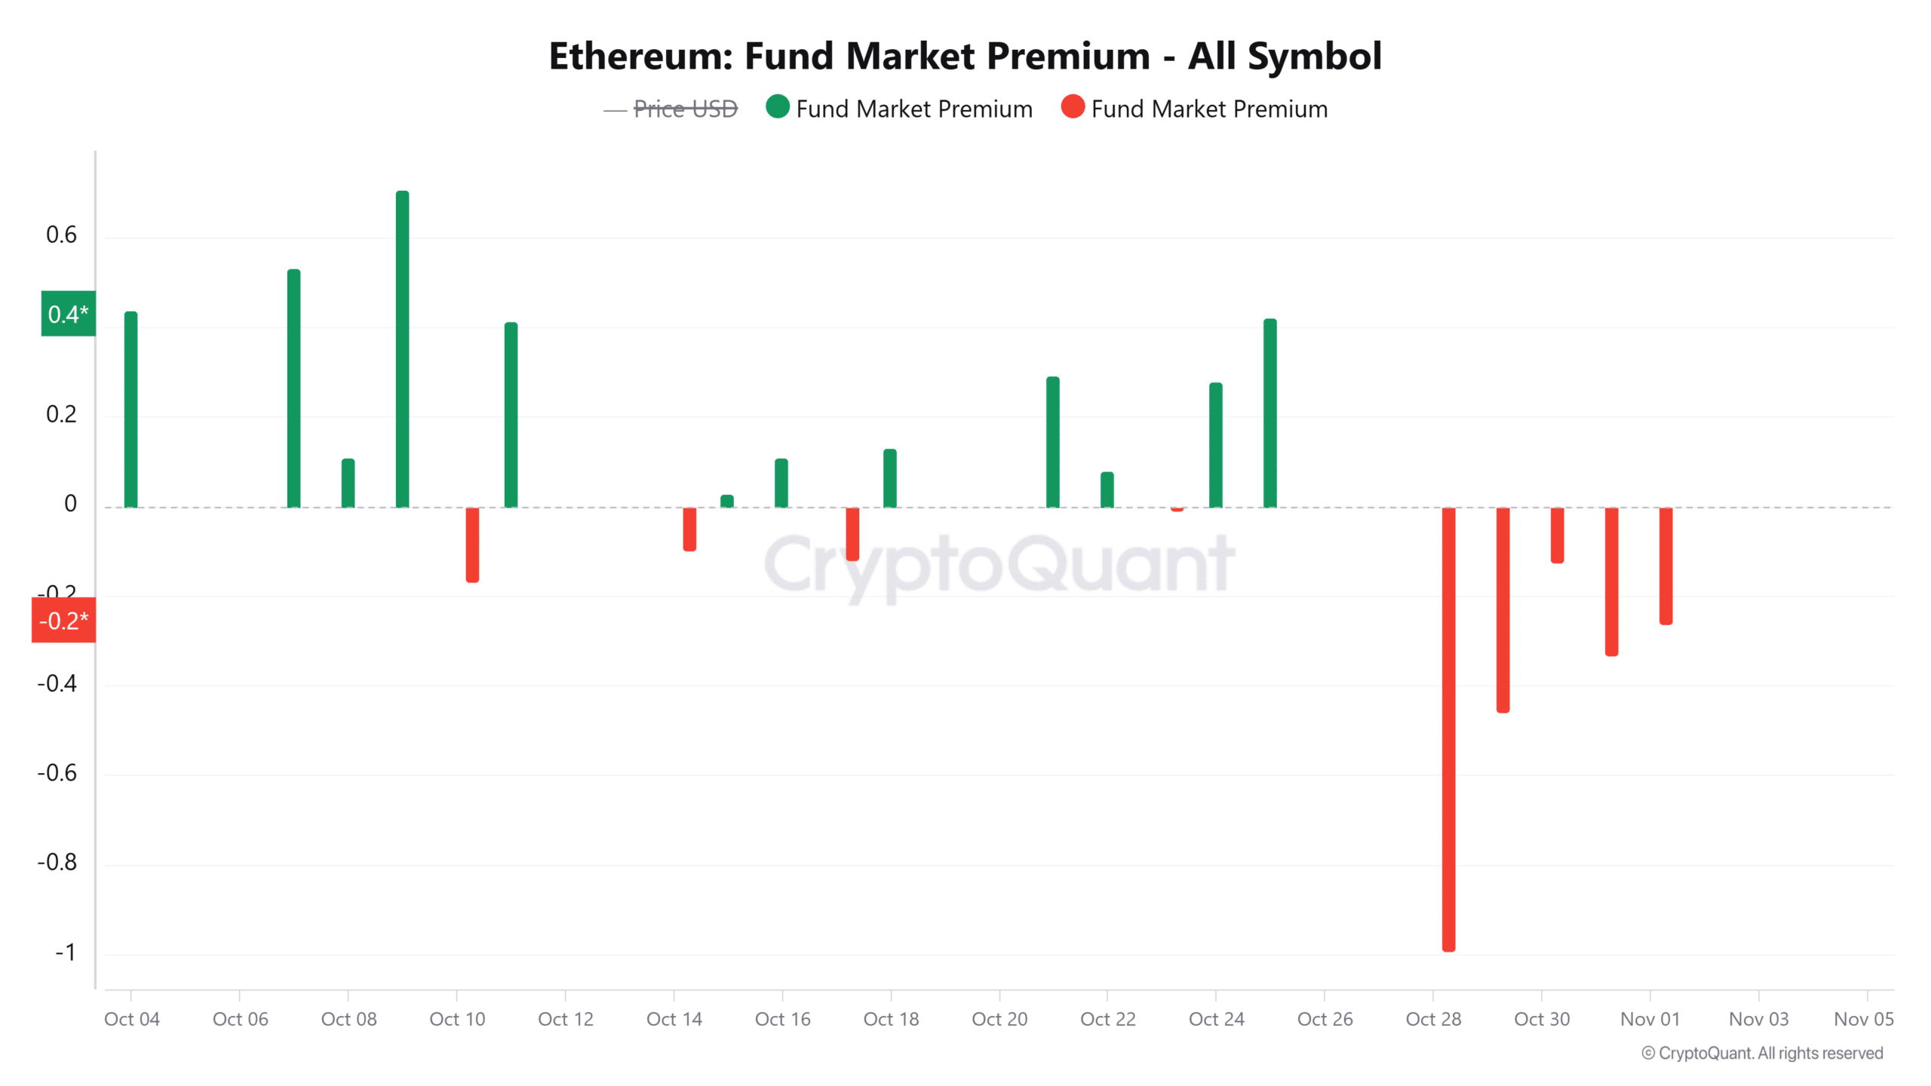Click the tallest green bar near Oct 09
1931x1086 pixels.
tap(402, 349)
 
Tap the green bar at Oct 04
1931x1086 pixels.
tap(130, 410)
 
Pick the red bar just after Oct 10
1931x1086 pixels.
tap(472, 545)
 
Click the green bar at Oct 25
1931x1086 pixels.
tap(1270, 413)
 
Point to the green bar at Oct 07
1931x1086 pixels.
tap(293, 388)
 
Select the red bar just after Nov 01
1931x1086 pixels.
tap(1665, 566)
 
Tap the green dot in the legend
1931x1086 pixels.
tap(777, 107)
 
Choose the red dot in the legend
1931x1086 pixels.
tap(1072, 107)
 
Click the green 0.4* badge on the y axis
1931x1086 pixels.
tap(68, 314)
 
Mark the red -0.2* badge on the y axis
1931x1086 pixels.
tap(63, 620)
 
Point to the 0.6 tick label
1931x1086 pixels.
tap(61, 235)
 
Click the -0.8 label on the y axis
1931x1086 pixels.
tap(57, 862)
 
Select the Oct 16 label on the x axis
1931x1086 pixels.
tap(782, 1019)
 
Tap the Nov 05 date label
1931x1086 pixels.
tap(1863, 1019)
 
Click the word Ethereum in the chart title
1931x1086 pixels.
tap(640, 57)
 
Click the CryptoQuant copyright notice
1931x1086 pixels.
tap(1762, 1053)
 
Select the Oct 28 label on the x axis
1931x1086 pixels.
tap(1433, 1019)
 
